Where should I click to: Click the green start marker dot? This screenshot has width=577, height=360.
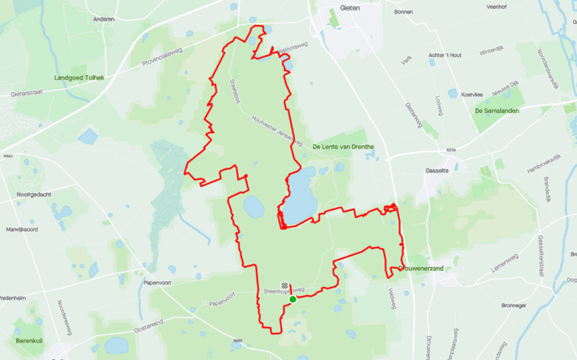click(293, 299)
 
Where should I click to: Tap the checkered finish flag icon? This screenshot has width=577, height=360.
click(284, 285)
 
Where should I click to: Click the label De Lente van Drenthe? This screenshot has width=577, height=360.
click(343, 147)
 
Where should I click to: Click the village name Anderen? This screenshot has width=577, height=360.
click(104, 18)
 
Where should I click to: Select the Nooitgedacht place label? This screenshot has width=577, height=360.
click(34, 194)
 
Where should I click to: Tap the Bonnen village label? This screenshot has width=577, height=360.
click(404, 12)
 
